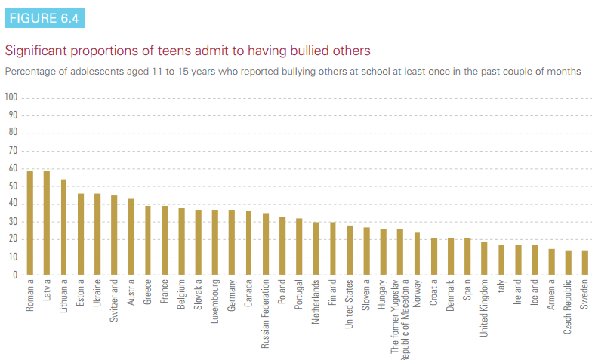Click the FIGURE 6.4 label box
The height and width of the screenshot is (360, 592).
point(44,17)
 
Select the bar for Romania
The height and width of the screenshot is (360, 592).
point(30,223)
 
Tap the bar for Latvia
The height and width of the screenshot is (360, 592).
point(47,223)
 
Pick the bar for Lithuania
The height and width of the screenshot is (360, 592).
point(63,227)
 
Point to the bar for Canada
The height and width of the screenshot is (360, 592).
point(248,243)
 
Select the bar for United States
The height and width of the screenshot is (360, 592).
point(350,250)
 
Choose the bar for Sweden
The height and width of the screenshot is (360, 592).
point(584,263)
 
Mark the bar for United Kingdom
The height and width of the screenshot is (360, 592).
point(484,258)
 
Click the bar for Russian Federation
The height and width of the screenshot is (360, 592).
point(265,244)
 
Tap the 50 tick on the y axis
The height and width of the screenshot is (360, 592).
point(11,186)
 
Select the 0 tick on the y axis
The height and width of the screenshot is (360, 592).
point(14,275)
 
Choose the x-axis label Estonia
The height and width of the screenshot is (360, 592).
point(81,296)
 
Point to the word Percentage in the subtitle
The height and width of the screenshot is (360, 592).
point(27,72)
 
